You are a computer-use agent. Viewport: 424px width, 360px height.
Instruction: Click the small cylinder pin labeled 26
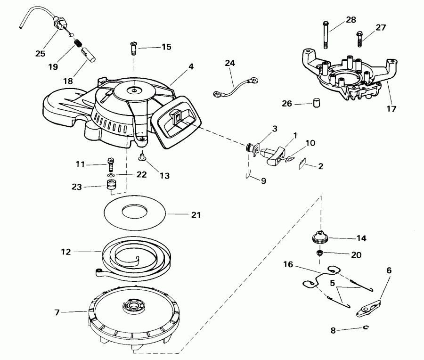coord(318,103)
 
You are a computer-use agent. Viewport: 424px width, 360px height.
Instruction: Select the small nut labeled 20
coord(319,254)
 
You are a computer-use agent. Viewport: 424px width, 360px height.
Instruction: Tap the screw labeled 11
coord(111,164)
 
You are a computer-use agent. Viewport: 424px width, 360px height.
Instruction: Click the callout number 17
coord(391,108)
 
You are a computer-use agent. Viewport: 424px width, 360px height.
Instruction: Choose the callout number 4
coord(191,67)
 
